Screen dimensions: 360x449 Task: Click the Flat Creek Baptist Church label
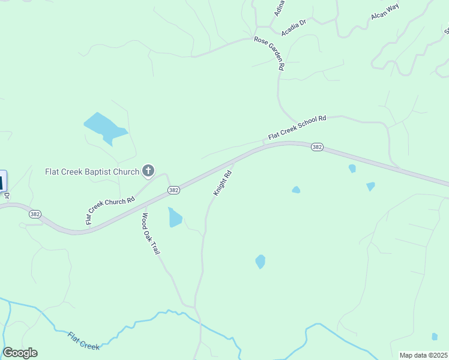tap(92, 171)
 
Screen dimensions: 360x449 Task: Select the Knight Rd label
tap(222, 184)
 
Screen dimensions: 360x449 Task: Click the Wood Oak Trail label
tap(151, 233)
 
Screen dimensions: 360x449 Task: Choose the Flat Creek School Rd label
tap(297, 128)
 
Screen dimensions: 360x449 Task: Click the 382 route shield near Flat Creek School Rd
tap(317, 147)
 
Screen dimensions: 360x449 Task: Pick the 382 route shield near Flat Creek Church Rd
tap(173, 190)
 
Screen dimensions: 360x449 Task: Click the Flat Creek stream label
tap(83, 341)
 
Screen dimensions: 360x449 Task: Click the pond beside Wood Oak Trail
tap(175, 217)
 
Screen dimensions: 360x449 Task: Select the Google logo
tap(20, 353)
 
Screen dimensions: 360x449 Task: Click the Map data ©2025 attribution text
tap(423, 355)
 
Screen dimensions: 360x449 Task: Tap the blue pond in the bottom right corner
tap(435, 337)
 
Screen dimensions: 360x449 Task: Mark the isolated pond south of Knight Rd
tap(260, 262)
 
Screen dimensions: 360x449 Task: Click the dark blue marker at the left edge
tap(2, 181)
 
